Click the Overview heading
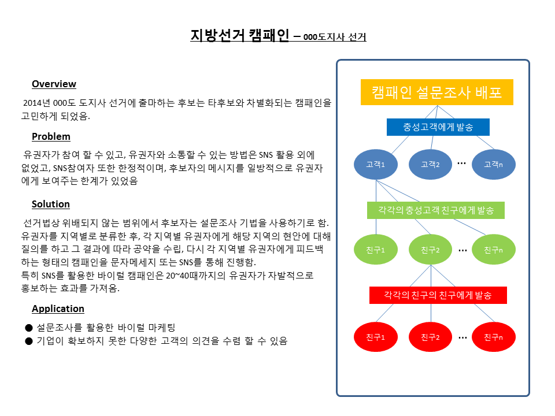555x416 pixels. [x=54, y=84]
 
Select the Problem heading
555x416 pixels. [x=51, y=136]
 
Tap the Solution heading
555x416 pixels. [x=51, y=204]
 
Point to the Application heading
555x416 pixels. [x=58, y=309]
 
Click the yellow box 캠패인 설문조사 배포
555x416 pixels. [x=437, y=92]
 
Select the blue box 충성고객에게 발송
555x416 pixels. [x=438, y=127]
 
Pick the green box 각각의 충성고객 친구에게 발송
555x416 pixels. [x=436, y=210]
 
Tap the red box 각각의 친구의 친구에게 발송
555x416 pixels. [x=438, y=295]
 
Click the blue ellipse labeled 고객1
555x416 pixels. [x=376, y=165]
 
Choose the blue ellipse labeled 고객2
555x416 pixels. [x=430, y=165]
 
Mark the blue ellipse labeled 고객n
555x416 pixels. [x=494, y=165]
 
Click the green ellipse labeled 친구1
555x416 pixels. [x=376, y=250]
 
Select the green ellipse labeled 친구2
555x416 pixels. [x=430, y=250]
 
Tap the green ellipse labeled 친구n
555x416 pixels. [x=494, y=250]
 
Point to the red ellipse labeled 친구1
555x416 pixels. [x=376, y=337]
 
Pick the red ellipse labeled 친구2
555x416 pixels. [x=430, y=337]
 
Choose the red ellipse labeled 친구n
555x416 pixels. [x=494, y=337]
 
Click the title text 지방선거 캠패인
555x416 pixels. [x=239, y=35]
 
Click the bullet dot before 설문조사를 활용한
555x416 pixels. [x=29, y=328]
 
